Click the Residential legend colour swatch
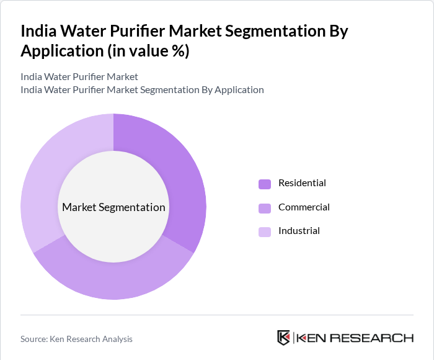(x=265, y=184)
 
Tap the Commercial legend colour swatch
(x=265, y=208)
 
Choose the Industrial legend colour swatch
(x=265, y=232)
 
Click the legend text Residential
(x=302, y=183)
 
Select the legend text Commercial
(x=304, y=207)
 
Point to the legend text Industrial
(x=299, y=231)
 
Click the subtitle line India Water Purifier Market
(x=79, y=77)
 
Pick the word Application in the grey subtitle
(x=237, y=90)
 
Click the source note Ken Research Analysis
(x=94, y=339)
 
